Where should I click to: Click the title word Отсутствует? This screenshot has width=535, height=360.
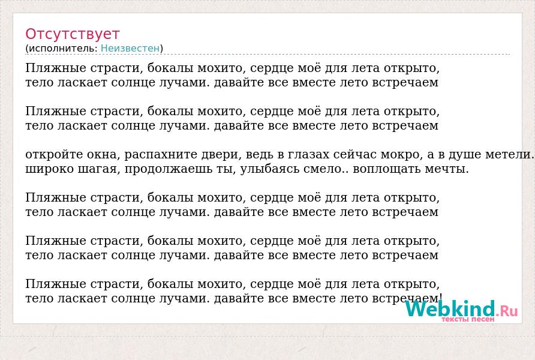pos(73,34)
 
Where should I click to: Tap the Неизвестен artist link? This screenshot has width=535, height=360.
pos(130,49)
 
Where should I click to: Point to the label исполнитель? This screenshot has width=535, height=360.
pos(63,49)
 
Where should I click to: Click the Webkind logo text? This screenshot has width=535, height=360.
pos(450,308)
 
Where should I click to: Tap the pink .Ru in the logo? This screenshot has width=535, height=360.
pos(507,310)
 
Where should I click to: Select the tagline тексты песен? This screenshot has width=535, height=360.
pos(468,320)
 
